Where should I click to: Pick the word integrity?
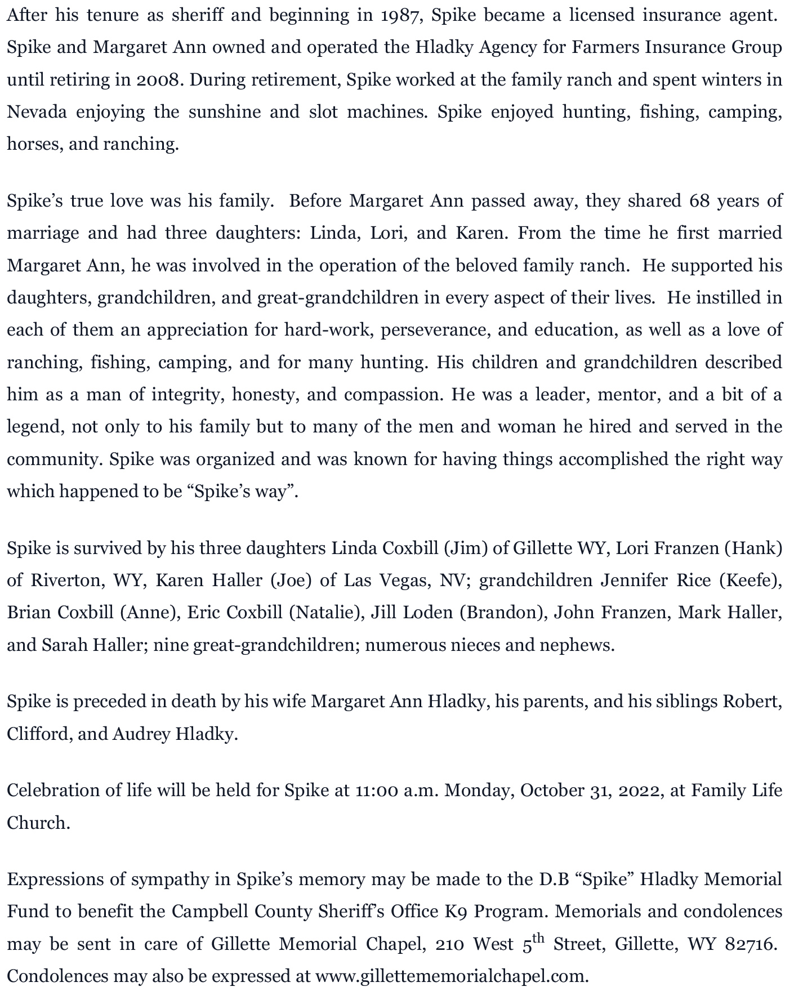point(188,394)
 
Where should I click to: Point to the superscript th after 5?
point(539,937)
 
